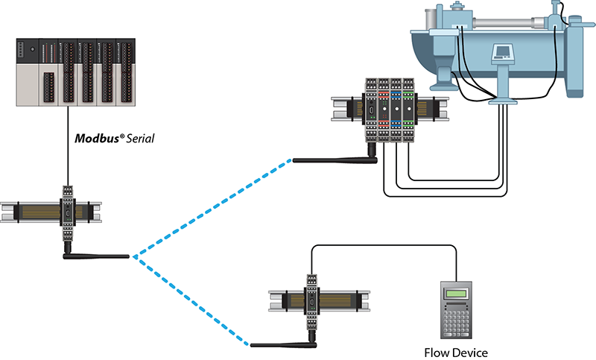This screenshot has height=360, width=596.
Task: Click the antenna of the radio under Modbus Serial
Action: (x=97, y=256)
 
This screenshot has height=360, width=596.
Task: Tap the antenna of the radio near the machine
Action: (x=328, y=159)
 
